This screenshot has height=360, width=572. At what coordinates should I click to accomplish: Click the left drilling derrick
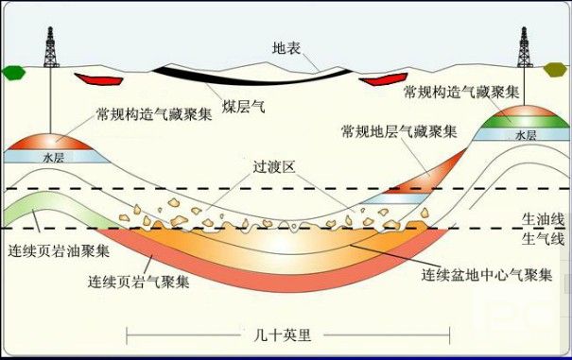tap(51, 47)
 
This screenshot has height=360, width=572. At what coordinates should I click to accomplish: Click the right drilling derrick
tap(524, 47)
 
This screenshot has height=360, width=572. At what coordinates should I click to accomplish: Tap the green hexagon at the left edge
tap(13, 72)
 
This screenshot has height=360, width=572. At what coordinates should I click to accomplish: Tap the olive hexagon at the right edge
tap(556, 69)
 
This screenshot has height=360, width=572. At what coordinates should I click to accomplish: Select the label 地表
tap(286, 48)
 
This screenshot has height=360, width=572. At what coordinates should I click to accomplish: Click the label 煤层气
tap(243, 107)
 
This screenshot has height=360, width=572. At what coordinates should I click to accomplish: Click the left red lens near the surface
tap(98, 78)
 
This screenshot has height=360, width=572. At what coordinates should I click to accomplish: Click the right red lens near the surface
tap(383, 79)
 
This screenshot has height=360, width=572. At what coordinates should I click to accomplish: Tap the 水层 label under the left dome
tap(54, 158)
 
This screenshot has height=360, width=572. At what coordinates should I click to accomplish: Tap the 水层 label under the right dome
tap(526, 136)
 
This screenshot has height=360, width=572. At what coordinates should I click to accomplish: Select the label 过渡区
tap(274, 167)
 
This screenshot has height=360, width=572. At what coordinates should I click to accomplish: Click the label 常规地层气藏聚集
tap(399, 131)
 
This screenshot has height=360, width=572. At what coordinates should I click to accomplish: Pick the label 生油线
tap(543, 220)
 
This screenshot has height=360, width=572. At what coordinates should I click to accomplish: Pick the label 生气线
tap(543, 239)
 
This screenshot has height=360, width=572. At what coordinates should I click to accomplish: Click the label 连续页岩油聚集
tap(59, 251)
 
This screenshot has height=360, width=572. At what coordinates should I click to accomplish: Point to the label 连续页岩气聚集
tap(139, 282)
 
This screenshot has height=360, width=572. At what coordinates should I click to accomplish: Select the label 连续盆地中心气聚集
tap(487, 275)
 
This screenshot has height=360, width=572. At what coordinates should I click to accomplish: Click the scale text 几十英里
tap(283, 334)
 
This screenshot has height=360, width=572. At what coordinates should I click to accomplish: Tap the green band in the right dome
tap(526, 122)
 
